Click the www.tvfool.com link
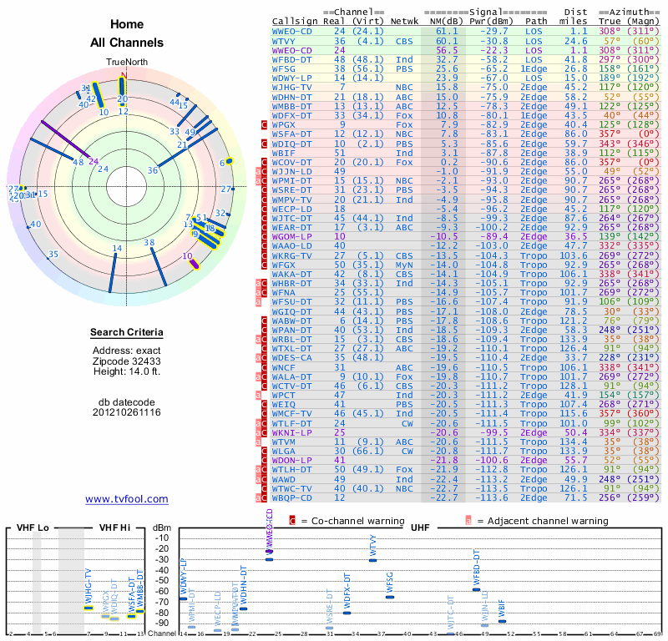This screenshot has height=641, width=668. pyautogui.click(x=126, y=499)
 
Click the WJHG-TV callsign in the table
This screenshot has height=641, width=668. pyautogui.click(x=292, y=87)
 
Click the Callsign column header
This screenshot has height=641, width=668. pyautogui.click(x=295, y=21)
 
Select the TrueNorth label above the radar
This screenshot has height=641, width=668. pyautogui.click(x=126, y=63)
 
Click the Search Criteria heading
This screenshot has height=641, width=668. pyautogui.click(x=126, y=333)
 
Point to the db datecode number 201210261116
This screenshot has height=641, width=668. pyautogui.click(x=126, y=412)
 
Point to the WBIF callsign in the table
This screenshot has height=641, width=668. pyautogui.click(x=286, y=153)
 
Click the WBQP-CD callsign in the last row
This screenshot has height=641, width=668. pyautogui.click(x=292, y=497)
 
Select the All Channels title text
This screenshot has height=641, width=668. pyautogui.click(x=126, y=43)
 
